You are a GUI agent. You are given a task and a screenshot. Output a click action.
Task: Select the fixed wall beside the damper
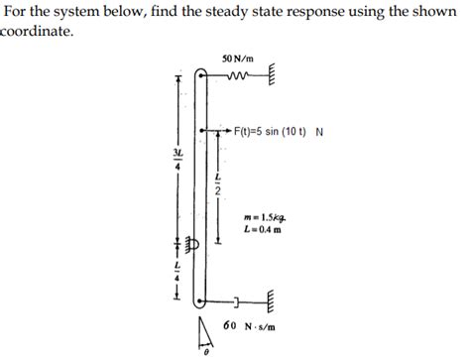(x=269, y=300)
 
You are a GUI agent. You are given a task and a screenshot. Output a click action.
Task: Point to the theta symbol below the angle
(x=206, y=350)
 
